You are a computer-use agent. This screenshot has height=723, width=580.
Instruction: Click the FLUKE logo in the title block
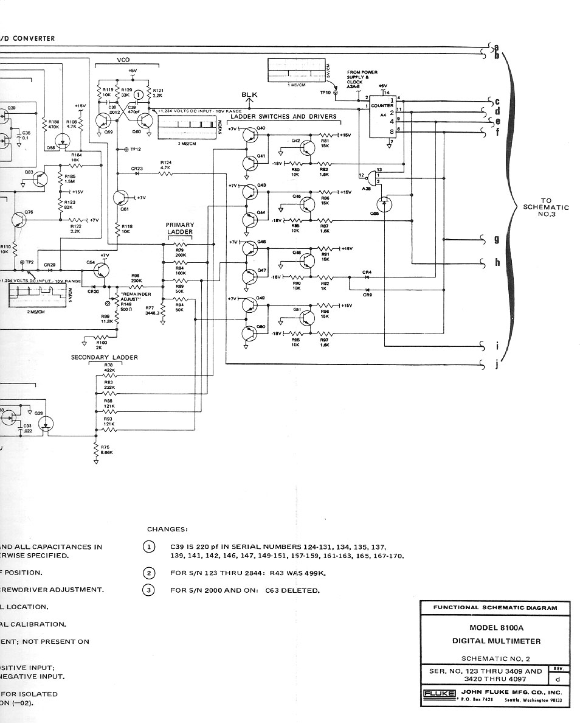[438, 693]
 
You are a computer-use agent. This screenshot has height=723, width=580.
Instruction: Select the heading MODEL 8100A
[496, 627]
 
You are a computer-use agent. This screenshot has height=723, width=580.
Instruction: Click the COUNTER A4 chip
[382, 115]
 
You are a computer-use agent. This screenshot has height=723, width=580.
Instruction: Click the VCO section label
[123, 60]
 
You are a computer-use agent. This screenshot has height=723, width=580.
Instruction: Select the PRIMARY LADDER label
[180, 228]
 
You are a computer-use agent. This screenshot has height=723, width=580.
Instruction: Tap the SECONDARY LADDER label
[105, 357]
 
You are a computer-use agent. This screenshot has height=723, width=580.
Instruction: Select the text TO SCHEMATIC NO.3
[546, 207]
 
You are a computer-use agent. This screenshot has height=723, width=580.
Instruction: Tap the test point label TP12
[135, 149]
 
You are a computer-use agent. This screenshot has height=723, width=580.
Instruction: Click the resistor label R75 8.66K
[106, 450]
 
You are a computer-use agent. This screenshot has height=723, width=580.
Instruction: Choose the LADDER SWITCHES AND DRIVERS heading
[283, 116]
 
